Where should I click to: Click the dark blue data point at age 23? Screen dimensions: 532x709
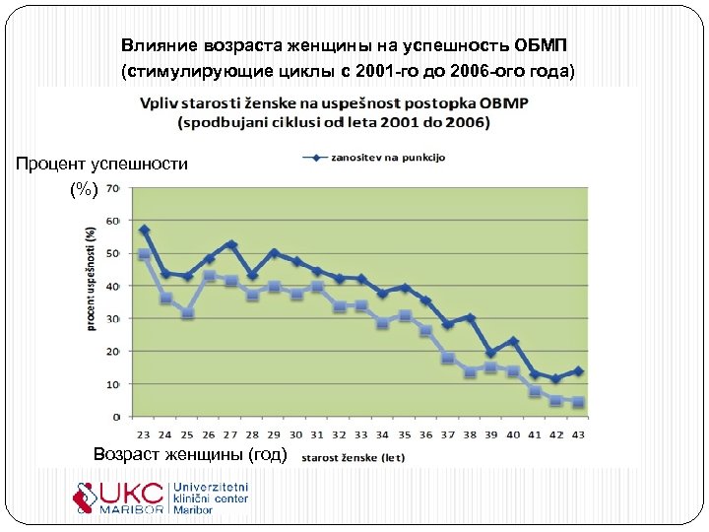(x=144, y=230)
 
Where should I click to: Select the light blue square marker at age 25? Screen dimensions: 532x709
(x=188, y=313)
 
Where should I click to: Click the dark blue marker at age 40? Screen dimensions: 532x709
(x=513, y=341)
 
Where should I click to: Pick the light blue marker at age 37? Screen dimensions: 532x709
(x=447, y=359)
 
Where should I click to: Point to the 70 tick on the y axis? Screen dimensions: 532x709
(x=113, y=187)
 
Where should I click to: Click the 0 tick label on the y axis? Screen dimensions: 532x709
(x=117, y=417)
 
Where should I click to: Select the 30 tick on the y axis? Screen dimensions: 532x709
(x=113, y=318)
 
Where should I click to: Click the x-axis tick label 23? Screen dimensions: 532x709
(x=144, y=433)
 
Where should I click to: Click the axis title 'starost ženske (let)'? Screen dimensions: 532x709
(x=352, y=457)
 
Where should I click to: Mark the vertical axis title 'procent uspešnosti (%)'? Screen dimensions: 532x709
(x=91, y=278)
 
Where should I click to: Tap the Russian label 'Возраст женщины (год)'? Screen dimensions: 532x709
(x=189, y=454)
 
